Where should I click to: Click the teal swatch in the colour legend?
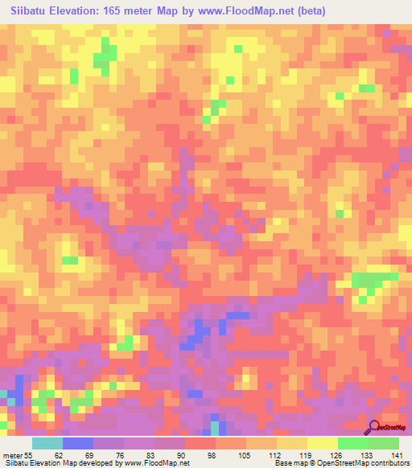click(47, 443)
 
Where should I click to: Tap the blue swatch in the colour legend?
click(78, 443)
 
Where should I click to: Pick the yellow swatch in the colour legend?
click(323, 443)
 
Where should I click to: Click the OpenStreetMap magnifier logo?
click(375, 426)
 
